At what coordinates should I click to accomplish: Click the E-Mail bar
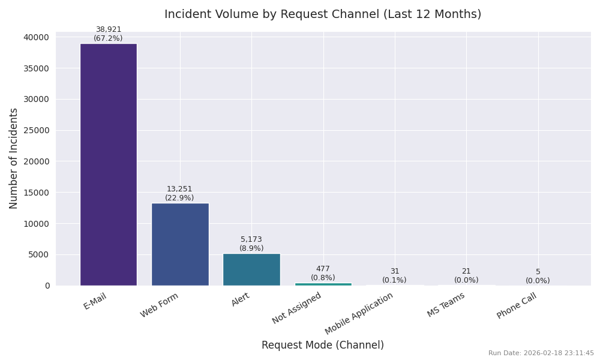click(x=108, y=164)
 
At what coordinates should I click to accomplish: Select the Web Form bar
click(x=180, y=244)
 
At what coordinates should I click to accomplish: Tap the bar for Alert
click(x=251, y=269)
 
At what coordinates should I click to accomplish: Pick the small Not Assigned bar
click(x=323, y=284)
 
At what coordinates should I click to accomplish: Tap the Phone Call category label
click(x=517, y=306)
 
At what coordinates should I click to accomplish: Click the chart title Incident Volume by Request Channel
click(x=323, y=14)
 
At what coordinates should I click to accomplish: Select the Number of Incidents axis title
click(x=14, y=158)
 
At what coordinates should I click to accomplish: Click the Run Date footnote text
click(x=541, y=353)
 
